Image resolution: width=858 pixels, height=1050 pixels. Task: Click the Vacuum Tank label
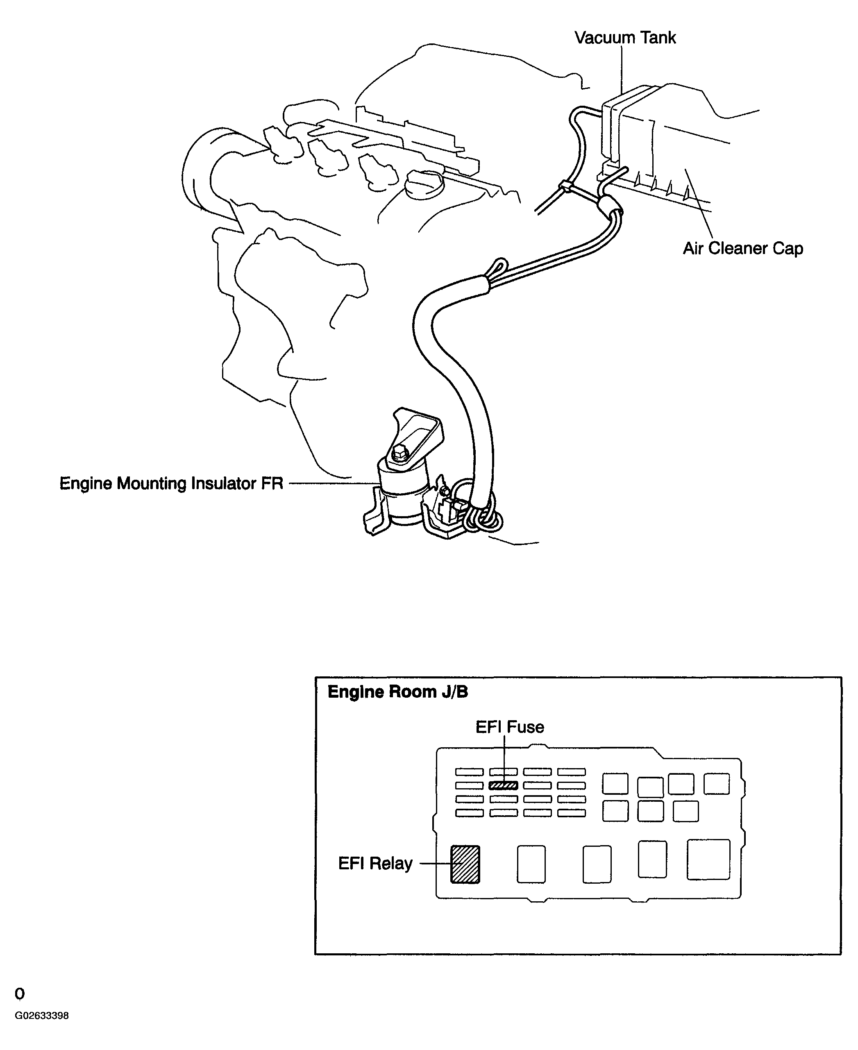coord(625,38)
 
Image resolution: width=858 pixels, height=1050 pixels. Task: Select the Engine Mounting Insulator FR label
coord(171,483)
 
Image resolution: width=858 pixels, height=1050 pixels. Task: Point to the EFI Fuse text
coord(510,727)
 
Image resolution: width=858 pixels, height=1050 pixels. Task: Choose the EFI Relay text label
coord(375,863)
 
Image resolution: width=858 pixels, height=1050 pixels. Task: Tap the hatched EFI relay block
coord(465,864)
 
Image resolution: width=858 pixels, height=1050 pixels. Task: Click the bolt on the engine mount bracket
coord(399,454)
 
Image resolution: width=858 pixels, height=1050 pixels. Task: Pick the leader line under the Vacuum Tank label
coord(622,69)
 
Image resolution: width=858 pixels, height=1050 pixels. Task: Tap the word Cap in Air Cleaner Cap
coord(788,249)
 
